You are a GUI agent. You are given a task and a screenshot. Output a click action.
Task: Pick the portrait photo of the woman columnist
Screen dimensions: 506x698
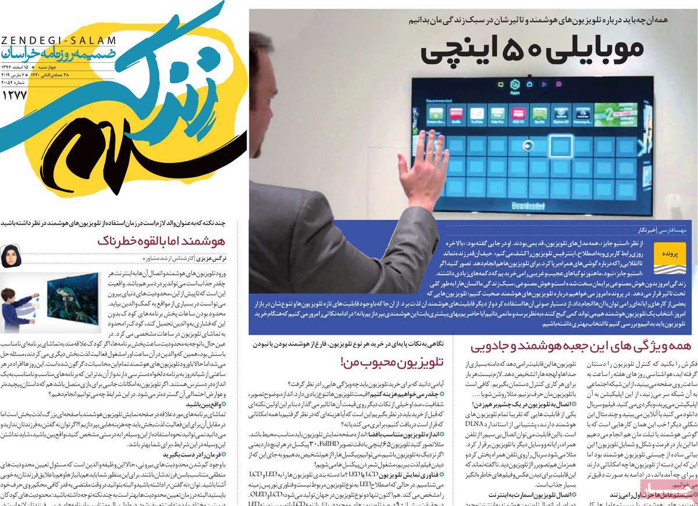[12, 256]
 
